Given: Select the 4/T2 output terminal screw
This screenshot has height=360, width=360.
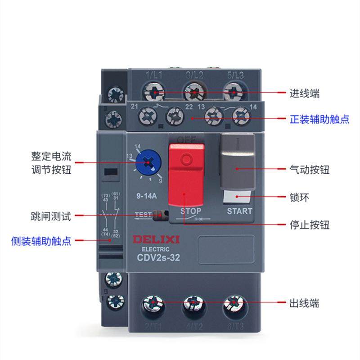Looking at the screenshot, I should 193,304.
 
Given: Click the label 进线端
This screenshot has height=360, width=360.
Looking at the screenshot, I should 304,94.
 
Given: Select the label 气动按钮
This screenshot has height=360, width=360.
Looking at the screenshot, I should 309,170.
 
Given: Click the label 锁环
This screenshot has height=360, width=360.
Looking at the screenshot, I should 299,197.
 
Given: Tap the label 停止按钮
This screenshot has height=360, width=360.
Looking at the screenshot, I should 309,224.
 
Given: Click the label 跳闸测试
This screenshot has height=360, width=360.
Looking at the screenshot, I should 48,216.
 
